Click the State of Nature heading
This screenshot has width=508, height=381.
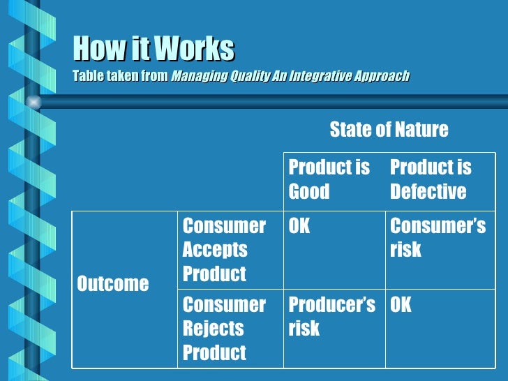click(x=389, y=129)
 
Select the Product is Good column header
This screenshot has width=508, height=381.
click(x=329, y=179)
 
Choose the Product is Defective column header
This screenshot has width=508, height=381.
click(x=430, y=179)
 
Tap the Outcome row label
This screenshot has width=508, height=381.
click(x=112, y=283)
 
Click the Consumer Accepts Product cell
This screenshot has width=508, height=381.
click(x=224, y=250)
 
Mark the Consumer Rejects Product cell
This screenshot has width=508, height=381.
click(x=224, y=328)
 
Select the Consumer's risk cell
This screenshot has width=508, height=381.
click(x=438, y=238)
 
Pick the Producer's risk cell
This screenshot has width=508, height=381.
click(x=331, y=316)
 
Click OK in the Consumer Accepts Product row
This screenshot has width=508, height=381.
click(x=299, y=226)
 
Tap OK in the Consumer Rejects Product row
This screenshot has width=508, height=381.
click(x=401, y=305)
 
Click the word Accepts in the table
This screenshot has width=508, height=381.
click(x=215, y=250)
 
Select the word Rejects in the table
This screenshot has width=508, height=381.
click(x=213, y=328)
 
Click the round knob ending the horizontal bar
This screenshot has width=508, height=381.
click(x=32, y=103)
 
